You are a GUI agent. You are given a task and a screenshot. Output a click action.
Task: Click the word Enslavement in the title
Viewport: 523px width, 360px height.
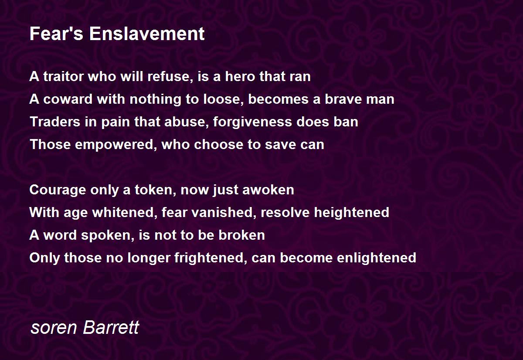point(147,34)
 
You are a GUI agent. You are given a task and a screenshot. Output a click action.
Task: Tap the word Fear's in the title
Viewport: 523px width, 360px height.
point(57,34)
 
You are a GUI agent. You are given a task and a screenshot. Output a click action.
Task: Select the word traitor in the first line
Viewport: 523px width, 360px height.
point(64,76)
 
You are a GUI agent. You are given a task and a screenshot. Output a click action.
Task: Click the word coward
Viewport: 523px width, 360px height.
point(68,99)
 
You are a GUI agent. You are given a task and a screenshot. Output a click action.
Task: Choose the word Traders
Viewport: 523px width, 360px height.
point(55,122)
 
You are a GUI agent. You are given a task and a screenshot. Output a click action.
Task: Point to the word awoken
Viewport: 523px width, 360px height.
point(268,190)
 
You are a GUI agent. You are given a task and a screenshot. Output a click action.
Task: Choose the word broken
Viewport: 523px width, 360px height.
point(241,235)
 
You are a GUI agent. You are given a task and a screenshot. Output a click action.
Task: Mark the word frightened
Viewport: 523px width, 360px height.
point(209,258)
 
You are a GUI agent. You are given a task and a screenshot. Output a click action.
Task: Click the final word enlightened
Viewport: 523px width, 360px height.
point(377,258)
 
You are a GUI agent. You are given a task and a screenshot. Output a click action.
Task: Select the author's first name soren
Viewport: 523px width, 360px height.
point(54,327)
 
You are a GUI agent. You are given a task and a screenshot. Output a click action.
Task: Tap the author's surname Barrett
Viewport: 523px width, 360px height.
point(111,327)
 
